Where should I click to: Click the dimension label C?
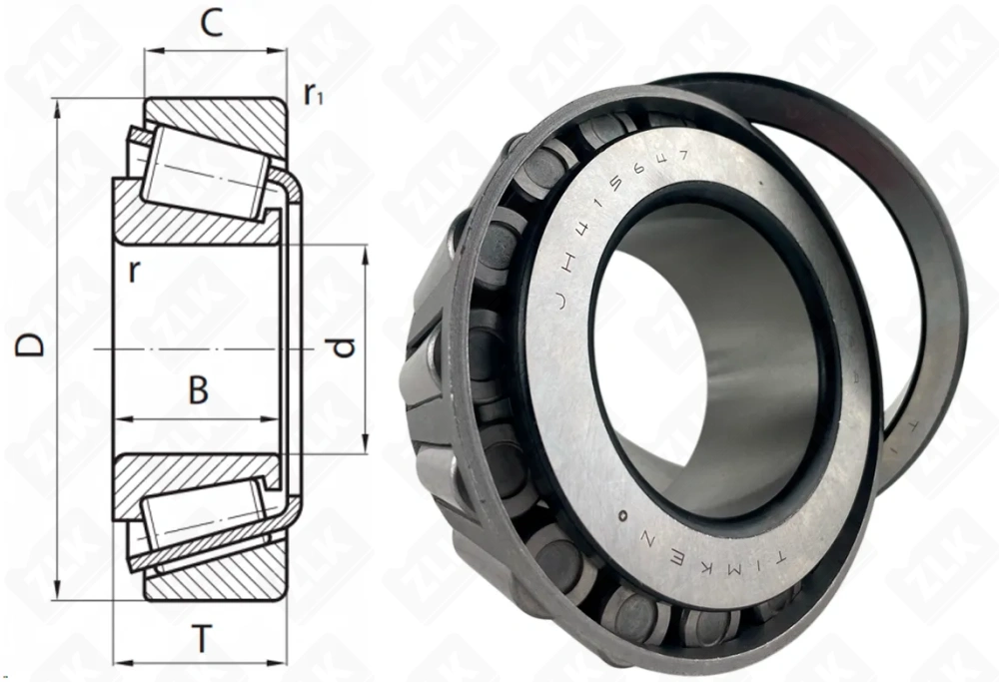[x=211, y=23]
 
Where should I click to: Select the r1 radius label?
[x=314, y=94]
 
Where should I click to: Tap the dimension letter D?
[x=32, y=345]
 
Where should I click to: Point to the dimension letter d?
[x=343, y=348]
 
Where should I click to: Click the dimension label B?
[x=199, y=390]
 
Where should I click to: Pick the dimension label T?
[x=203, y=639]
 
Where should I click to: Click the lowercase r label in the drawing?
[x=133, y=273]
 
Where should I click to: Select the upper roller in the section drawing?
[x=205, y=176]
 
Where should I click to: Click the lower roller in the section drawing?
[x=205, y=519]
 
